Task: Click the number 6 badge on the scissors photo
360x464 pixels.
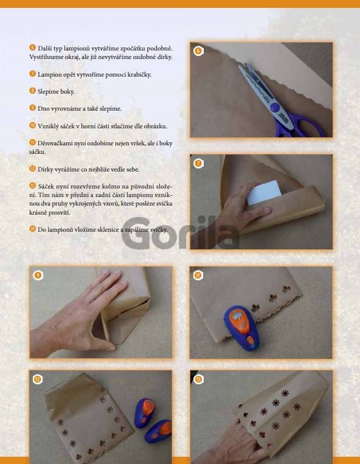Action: coord(198,51)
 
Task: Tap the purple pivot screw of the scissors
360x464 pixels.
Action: coord(275,107)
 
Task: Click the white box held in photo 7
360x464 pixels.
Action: coord(264,192)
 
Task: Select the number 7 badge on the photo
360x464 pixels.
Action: coord(198,163)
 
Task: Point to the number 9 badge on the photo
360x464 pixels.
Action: coord(38,275)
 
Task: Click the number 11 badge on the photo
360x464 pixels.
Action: coord(198,275)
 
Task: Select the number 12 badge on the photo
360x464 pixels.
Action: coord(38,379)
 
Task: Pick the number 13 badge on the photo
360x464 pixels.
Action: coord(198,379)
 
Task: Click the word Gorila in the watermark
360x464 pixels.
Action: coord(181,233)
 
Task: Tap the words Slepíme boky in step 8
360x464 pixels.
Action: coord(56,92)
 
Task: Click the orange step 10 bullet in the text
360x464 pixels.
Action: coord(33,125)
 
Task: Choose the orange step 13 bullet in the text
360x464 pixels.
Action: coord(33,185)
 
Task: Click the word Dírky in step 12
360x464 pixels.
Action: coord(44,169)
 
